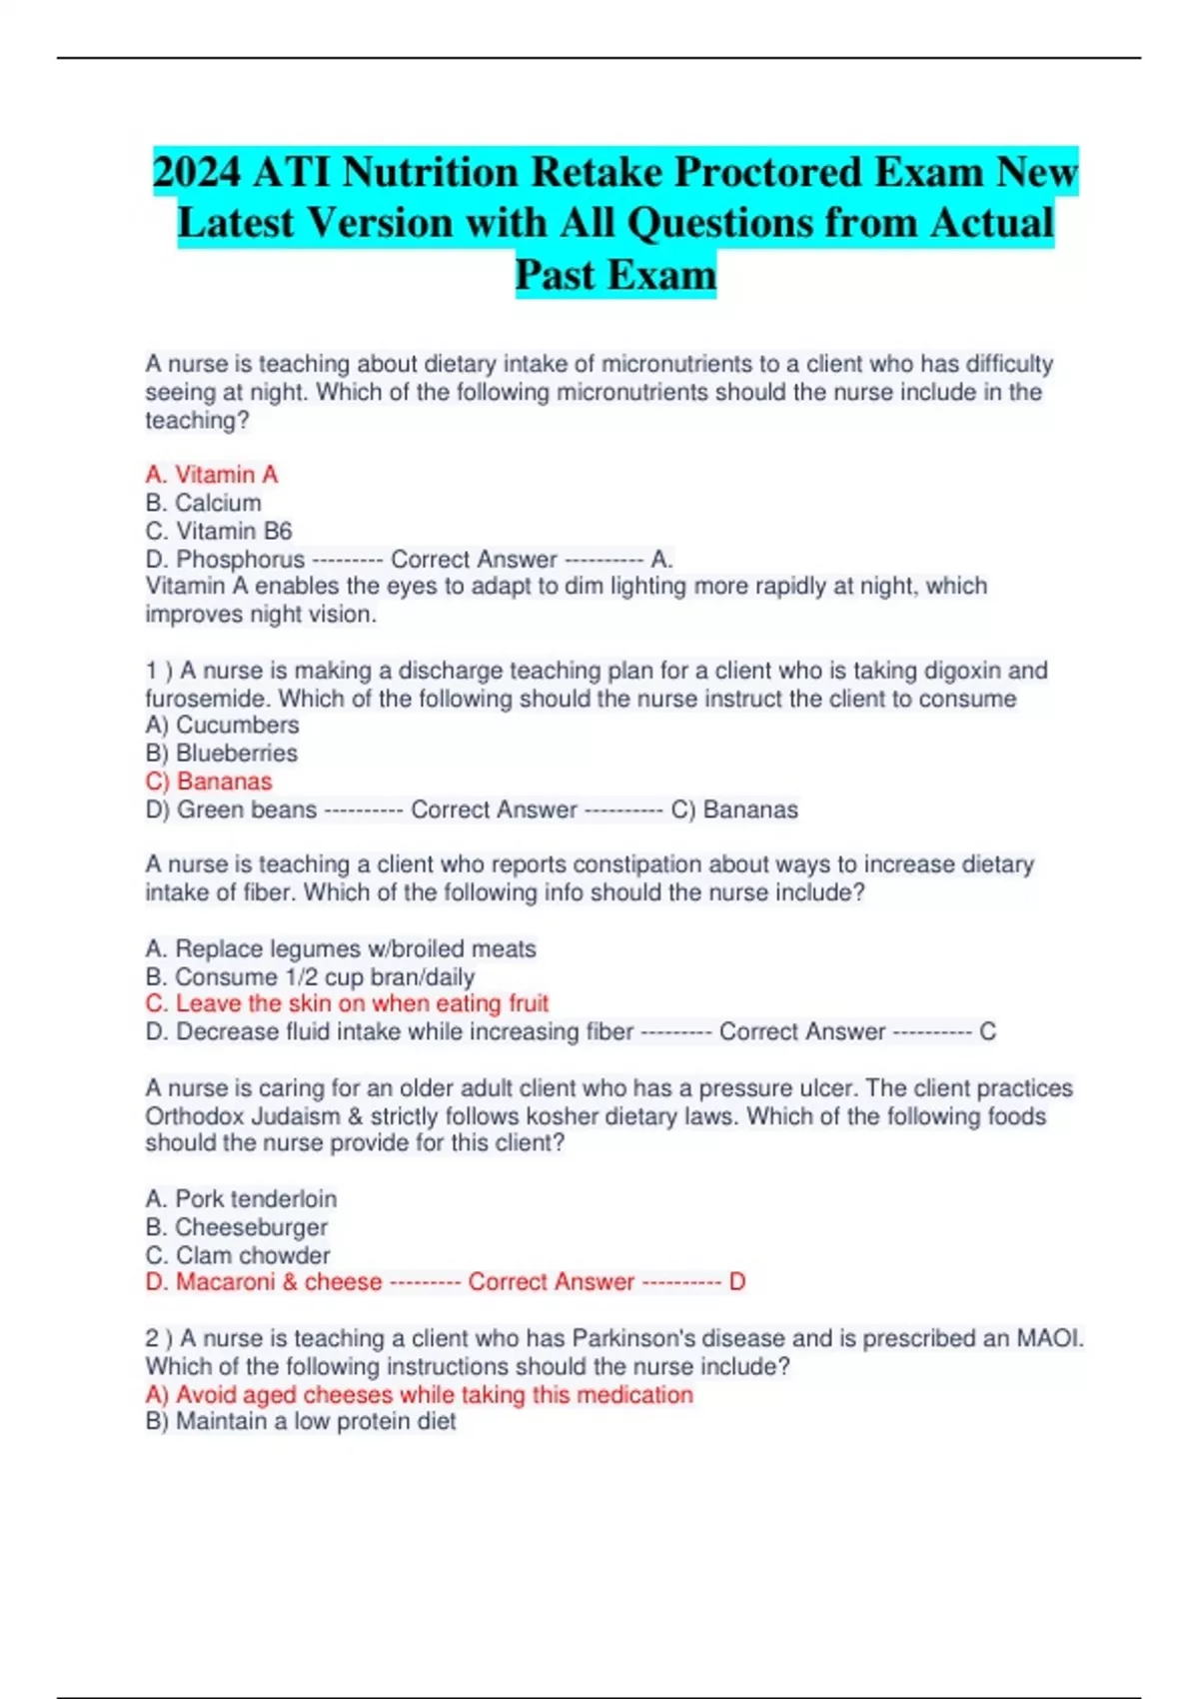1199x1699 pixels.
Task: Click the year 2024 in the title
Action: (x=197, y=172)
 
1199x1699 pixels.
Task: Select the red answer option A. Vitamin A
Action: (x=212, y=475)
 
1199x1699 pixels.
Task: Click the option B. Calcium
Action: (x=204, y=503)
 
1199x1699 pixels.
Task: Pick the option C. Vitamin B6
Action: (x=219, y=531)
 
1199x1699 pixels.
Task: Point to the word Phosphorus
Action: (x=240, y=559)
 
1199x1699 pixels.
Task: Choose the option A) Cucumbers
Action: (x=222, y=725)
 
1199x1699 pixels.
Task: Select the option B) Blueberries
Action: (x=222, y=753)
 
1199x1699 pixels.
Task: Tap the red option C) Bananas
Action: (x=209, y=781)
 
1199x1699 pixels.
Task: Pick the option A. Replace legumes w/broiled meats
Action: (x=341, y=948)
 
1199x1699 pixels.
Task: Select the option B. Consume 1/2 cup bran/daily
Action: (x=310, y=976)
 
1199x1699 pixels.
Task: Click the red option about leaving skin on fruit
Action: (x=347, y=1003)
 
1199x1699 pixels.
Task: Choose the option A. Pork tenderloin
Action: (x=241, y=1198)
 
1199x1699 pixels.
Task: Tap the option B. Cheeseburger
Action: (x=236, y=1226)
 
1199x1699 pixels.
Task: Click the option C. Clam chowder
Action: (x=238, y=1255)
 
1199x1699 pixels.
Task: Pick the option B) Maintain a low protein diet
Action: (x=301, y=1421)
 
